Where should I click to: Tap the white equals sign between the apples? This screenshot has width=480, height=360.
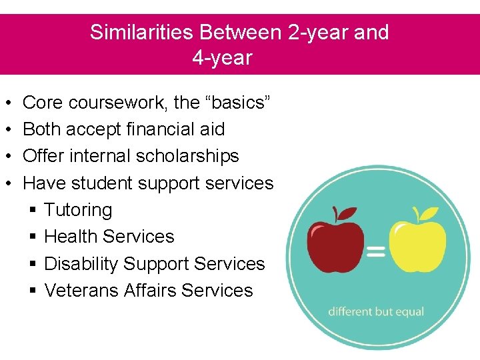pos(376,251)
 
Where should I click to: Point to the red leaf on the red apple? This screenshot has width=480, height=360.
pos(347,214)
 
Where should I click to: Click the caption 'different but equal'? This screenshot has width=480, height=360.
pos(376,312)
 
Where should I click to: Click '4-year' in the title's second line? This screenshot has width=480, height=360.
pos(222,58)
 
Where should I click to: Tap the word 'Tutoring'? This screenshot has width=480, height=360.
pos(78,210)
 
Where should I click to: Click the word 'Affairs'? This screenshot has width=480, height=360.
pos(150,291)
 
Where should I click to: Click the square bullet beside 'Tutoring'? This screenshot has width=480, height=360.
pos(34,211)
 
